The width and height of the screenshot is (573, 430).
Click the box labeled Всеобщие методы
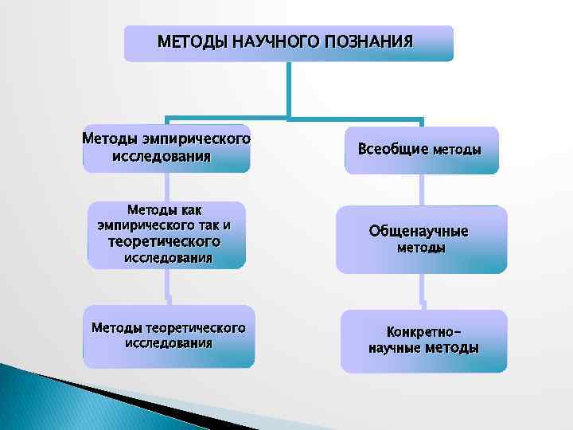pos(421,150)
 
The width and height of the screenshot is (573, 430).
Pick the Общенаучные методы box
pos(421,240)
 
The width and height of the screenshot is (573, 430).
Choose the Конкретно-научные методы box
pos(423,341)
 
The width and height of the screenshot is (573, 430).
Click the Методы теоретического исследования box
pos(169,336)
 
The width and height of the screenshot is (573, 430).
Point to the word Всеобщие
pos(392,149)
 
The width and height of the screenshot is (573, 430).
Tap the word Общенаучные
pos(419,231)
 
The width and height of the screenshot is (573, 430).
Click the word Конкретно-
pos(423,330)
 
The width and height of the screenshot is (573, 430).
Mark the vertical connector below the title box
pos(288,89)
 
